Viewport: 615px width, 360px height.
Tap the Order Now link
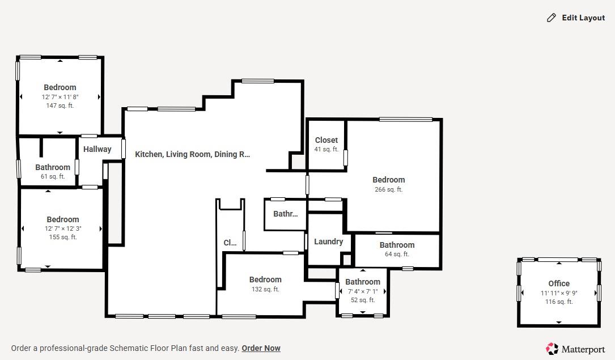point(261,348)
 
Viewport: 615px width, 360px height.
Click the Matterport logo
point(575,349)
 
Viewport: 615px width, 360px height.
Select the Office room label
point(559,283)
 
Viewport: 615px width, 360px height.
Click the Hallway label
point(97,149)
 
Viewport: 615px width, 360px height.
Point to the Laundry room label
point(328,242)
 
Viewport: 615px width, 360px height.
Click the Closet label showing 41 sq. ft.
point(326,140)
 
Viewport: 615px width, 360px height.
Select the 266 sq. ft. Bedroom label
point(388,180)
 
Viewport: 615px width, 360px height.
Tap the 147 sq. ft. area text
point(60,105)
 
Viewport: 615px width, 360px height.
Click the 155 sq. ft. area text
point(63,237)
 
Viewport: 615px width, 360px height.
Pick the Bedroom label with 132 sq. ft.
point(265,279)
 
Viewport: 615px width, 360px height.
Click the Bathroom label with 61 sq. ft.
point(53,167)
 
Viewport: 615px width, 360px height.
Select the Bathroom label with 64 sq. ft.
point(397,245)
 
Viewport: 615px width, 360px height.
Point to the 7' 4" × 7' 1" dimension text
point(363,291)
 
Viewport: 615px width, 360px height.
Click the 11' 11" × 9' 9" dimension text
point(559,293)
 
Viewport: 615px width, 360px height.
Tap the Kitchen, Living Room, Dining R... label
point(192,154)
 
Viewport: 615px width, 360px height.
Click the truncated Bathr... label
point(285,214)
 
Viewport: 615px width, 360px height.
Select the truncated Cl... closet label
point(230,243)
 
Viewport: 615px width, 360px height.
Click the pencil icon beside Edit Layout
point(551,18)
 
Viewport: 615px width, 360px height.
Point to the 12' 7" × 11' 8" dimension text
point(60,97)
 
